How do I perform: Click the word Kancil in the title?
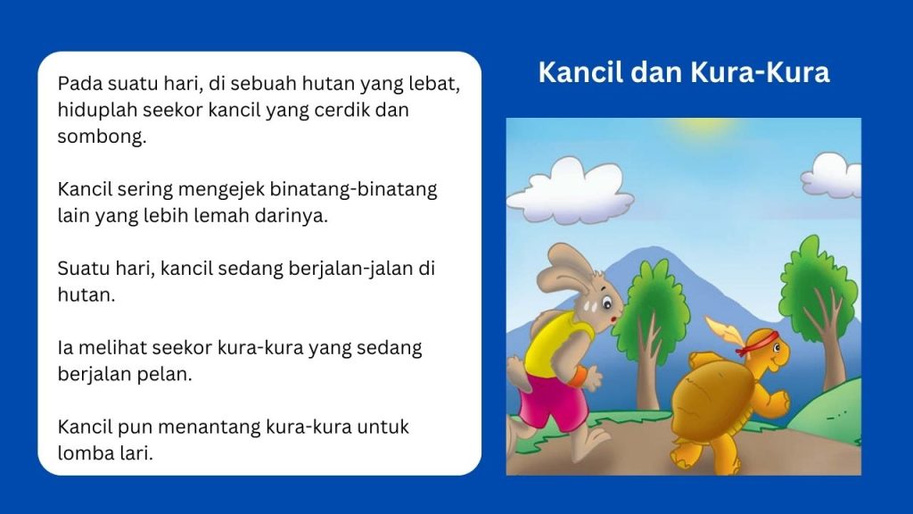click(x=580, y=72)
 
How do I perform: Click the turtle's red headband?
click(x=756, y=342)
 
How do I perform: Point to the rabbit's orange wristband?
click(x=577, y=377)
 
